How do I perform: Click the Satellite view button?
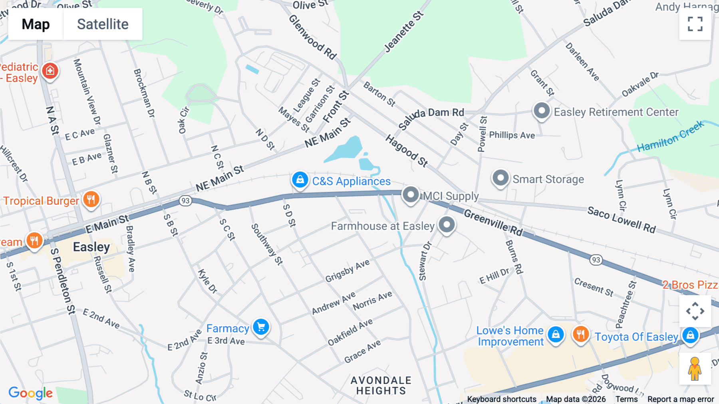click(x=103, y=24)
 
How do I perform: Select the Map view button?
click(x=36, y=24)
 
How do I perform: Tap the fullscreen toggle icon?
click(x=695, y=24)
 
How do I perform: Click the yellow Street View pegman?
click(x=695, y=368)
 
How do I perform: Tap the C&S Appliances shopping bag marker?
click(x=300, y=180)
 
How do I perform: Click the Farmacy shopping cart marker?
click(x=261, y=327)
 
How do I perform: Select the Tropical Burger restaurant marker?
click(x=91, y=199)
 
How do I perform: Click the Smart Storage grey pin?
click(x=500, y=178)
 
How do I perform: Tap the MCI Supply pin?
click(x=410, y=195)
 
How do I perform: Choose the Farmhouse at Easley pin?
click(x=447, y=225)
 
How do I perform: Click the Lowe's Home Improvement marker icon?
click(x=556, y=334)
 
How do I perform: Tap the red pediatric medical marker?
click(x=50, y=71)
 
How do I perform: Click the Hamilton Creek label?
click(x=670, y=137)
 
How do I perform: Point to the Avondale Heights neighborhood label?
click(x=381, y=386)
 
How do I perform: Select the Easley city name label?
click(x=91, y=247)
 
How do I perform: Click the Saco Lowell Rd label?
click(x=621, y=220)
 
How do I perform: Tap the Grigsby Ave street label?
click(x=347, y=271)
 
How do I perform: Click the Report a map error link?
click(x=680, y=399)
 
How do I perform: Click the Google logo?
click(x=30, y=393)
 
